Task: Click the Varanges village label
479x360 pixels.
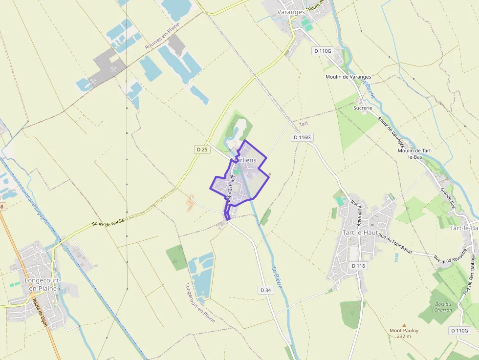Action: pyautogui.click(x=290, y=12)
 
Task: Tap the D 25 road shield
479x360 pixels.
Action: pyautogui.click(x=201, y=149)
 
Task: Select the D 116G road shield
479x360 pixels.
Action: pyautogui.click(x=302, y=137)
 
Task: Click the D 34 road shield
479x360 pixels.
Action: pyautogui.click(x=265, y=290)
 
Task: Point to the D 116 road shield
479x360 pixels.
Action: pyautogui.click(x=358, y=266)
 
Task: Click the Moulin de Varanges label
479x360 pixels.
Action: pyautogui.click(x=348, y=77)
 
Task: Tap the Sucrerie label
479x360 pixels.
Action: pyautogui.click(x=363, y=107)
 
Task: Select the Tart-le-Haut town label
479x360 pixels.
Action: pyautogui.click(x=360, y=233)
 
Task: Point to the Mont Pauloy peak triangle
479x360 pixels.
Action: pyautogui.click(x=404, y=325)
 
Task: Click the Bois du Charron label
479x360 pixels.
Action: pyautogui.click(x=443, y=307)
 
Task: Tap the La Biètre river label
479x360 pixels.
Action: pyautogui.click(x=277, y=276)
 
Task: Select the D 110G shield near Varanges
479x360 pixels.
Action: pyautogui.click(x=323, y=51)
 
